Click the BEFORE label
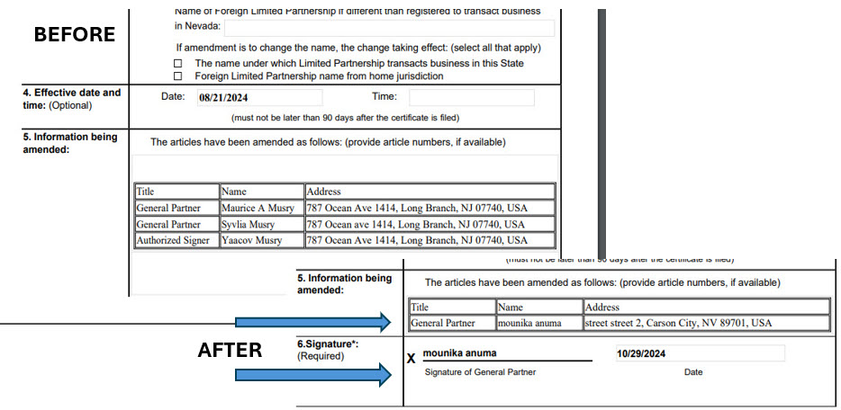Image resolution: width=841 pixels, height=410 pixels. click(75, 34)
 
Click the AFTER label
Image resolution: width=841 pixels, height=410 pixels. click(230, 350)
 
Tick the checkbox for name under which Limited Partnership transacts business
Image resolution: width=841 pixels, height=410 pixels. click(177, 64)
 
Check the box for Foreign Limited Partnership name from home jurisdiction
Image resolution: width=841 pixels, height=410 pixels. click(177, 76)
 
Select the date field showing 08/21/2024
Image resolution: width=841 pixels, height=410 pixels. click(259, 97)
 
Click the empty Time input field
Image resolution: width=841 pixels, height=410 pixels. click(471, 97)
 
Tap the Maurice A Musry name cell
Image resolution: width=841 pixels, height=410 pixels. click(261, 208)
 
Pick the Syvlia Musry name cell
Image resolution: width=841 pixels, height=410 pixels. click(261, 224)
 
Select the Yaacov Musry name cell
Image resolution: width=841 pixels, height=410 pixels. click(261, 240)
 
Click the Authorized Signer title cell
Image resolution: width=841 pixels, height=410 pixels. click(176, 240)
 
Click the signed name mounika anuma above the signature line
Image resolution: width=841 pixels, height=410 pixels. click(459, 353)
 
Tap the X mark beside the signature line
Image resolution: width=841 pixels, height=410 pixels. click(411, 359)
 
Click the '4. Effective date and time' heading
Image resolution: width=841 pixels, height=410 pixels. click(72, 99)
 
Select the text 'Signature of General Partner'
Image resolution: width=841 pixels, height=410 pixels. click(480, 372)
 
